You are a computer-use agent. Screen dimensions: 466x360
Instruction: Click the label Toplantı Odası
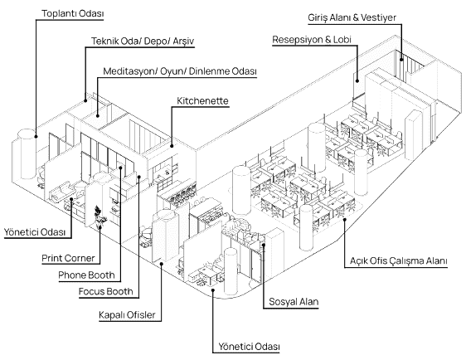(x=72, y=13)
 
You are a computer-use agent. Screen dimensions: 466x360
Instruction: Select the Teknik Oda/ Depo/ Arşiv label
(x=143, y=41)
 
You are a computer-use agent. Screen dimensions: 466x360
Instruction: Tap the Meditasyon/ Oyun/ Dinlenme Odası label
(x=180, y=71)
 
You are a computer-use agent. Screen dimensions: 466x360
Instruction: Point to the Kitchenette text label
(x=202, y=100)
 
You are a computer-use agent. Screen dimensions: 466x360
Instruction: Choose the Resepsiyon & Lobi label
(x=312, y=40)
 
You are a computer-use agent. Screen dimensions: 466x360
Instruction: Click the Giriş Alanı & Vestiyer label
(x=352, y=17)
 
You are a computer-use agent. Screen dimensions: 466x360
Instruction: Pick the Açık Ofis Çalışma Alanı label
(x=399, y=260)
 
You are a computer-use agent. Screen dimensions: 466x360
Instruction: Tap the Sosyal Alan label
(x=294, y=302)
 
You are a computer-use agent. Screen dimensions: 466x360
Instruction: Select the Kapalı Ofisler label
(x=127, y=315)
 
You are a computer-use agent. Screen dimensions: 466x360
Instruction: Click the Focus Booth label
(x=106, y=292)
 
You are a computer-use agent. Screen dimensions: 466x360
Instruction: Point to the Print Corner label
(x=68, y=258)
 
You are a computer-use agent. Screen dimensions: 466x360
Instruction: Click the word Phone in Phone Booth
(x=70, y=275)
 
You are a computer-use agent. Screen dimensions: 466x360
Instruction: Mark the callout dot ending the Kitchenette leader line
(x=172, y=146)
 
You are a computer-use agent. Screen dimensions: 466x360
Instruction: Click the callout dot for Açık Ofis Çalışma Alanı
(x=345, y=220)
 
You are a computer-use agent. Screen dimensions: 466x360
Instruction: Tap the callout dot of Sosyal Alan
(x=264, y=245)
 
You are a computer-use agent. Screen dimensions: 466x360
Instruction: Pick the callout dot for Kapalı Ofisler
(x=162, y=263)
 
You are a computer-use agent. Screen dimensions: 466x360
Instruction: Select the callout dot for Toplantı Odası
(x=36, y=136)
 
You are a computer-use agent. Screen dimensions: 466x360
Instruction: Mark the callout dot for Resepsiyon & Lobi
(x=357, y=80)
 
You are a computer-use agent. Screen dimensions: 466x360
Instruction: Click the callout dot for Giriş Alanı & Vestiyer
(x=401, y=60)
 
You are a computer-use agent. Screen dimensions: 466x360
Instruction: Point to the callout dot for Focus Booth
(x=138, y=177)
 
